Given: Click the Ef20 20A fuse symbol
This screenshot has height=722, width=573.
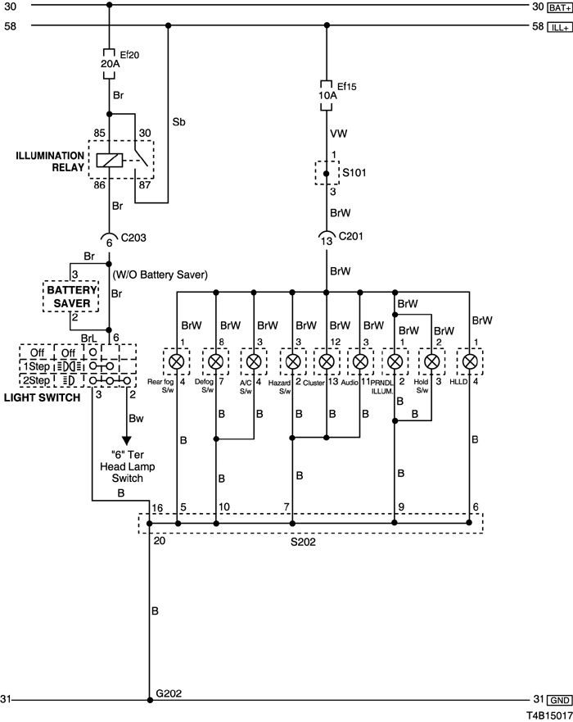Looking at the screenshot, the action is pos(109,63).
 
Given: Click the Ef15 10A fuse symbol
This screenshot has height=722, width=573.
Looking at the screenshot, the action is pos(326,95).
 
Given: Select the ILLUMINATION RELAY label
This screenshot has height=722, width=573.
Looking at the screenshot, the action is pos(50,161).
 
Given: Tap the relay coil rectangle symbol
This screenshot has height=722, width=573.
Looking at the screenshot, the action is pos(110,161).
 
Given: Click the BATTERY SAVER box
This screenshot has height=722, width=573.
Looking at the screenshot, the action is pos(70,297).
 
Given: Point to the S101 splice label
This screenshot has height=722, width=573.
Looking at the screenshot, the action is pos(354,173).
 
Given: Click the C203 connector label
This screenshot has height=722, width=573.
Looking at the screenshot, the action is pos(133,238).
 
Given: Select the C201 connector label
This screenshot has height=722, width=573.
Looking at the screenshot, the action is pos(351,236).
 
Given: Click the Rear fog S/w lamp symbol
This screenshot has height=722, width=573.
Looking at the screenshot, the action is pos(177,361).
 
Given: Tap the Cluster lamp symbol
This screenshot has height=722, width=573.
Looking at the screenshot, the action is pos(326,361).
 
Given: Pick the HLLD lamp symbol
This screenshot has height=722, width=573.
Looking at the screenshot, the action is pos(470,361).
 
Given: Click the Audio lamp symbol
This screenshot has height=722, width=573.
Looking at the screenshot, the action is pos(360,361).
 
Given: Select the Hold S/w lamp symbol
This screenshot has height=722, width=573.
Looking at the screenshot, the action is pos(431,361).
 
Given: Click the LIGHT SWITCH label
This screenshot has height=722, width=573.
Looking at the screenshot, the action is pos(42,397).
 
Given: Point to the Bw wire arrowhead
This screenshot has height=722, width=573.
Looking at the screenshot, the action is pos(126,441).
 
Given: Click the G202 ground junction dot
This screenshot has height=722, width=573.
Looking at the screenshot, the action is pos(150,700).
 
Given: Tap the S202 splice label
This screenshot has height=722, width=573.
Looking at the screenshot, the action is pos(303,542).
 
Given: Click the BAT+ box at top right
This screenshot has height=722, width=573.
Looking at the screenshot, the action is pos(559,8).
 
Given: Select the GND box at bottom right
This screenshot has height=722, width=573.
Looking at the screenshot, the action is pos(559,701).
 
